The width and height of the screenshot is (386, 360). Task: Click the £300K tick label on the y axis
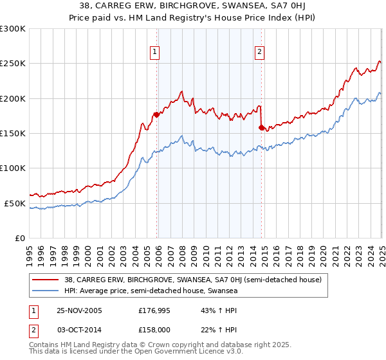coord(13,29)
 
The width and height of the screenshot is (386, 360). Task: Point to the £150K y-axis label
coord(13,133)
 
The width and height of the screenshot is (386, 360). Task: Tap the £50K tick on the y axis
coord(15,203)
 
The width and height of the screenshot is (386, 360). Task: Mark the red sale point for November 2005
coord(156,115)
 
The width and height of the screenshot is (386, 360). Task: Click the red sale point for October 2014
coord(261,128)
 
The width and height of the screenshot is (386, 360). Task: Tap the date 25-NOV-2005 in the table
coord(80,310)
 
